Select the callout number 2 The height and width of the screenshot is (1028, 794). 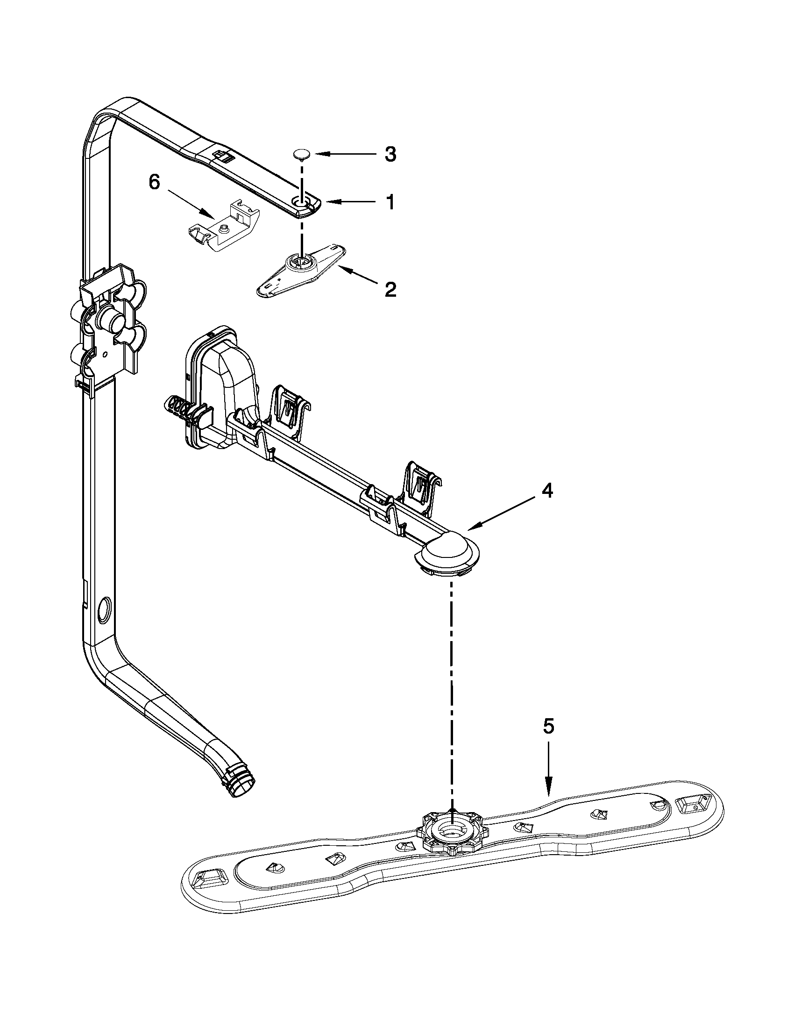click(390, 290)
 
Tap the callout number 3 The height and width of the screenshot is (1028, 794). click(390, 154)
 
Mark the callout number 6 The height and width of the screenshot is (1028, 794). click(155, 183)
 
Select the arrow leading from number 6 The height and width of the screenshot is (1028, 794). click(188, 203)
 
